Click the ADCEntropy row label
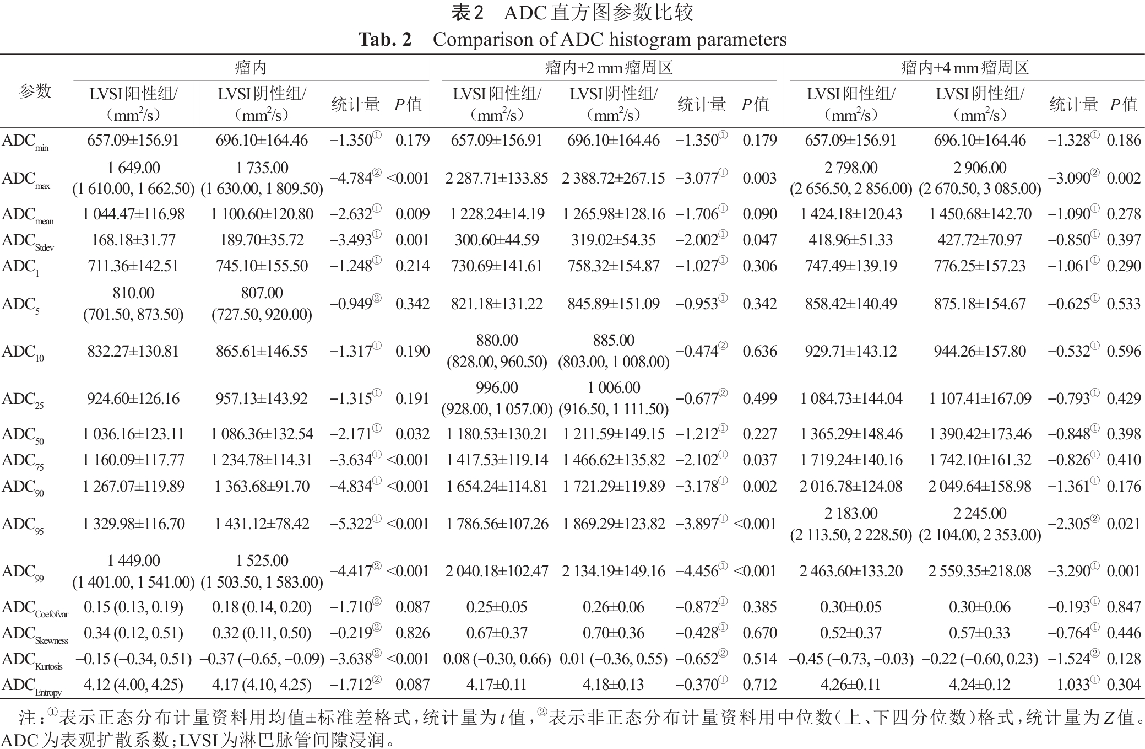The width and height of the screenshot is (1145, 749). click(31, 686)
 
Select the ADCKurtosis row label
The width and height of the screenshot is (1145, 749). click(32, 660)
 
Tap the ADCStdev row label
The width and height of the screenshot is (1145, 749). click(28, 241)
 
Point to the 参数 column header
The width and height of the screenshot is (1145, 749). click(35, 91)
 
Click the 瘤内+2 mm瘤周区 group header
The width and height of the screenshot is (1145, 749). click(609, 68)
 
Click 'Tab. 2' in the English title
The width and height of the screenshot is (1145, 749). click(385, 40)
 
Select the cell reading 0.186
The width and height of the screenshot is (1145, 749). click(1124, 140)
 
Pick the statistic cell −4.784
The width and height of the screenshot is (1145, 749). click(351, 178)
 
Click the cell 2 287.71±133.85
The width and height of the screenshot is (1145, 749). click(497, 178)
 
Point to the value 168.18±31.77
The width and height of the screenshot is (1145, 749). click(133, 240)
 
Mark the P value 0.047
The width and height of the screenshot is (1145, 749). click(759, 240)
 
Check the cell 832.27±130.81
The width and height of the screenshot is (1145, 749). click(133, 351)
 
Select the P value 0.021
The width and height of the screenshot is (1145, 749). click(1124, 524)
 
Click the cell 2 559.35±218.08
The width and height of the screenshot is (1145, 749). click(979, 571)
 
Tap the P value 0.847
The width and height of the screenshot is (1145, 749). click(1124, 607)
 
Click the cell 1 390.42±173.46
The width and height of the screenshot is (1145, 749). click(979, 434)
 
